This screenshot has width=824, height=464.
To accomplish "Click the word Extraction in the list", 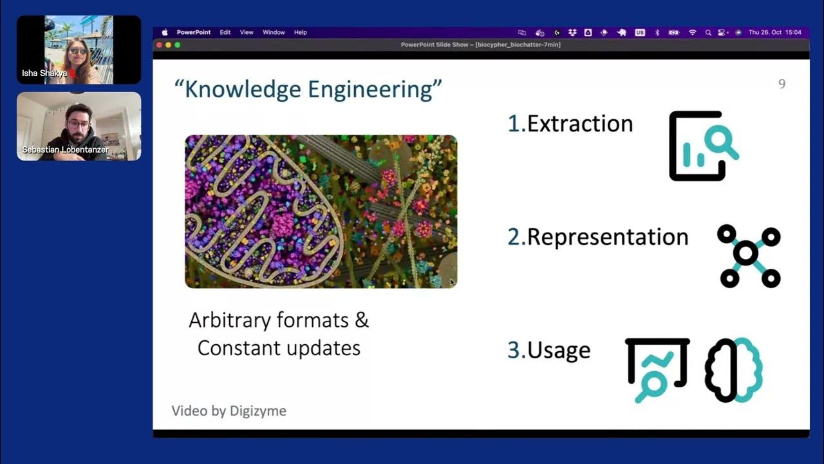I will tap(580, 124).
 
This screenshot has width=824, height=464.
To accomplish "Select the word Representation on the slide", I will tap(608, 237).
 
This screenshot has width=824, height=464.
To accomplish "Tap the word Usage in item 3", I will tap(559, 350).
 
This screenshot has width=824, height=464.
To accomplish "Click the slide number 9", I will tap(782, 84).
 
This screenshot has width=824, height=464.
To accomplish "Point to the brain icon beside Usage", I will tap(734, 370).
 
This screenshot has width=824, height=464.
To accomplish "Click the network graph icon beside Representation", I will tap(749, 256).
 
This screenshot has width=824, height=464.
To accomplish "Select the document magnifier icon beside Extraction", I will tap(703, 146).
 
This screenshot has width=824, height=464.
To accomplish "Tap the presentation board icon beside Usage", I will tap(657, 369).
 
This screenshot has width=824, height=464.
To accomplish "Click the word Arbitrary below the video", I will tap(229, 320).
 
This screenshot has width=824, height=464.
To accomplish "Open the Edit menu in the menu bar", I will tap(225, 32).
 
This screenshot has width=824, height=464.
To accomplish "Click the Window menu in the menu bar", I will tap(274, 32).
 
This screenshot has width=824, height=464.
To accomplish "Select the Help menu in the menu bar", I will tap(301, 32).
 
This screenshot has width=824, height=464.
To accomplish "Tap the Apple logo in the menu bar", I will tap(165, 32).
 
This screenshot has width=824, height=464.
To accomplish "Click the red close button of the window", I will tap(159, 45).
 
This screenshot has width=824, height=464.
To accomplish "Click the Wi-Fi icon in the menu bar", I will tap(692, 32).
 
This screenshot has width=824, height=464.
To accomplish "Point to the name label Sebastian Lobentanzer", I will tap(65, 150).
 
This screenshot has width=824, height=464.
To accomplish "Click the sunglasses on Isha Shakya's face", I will tap(79, 52).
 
